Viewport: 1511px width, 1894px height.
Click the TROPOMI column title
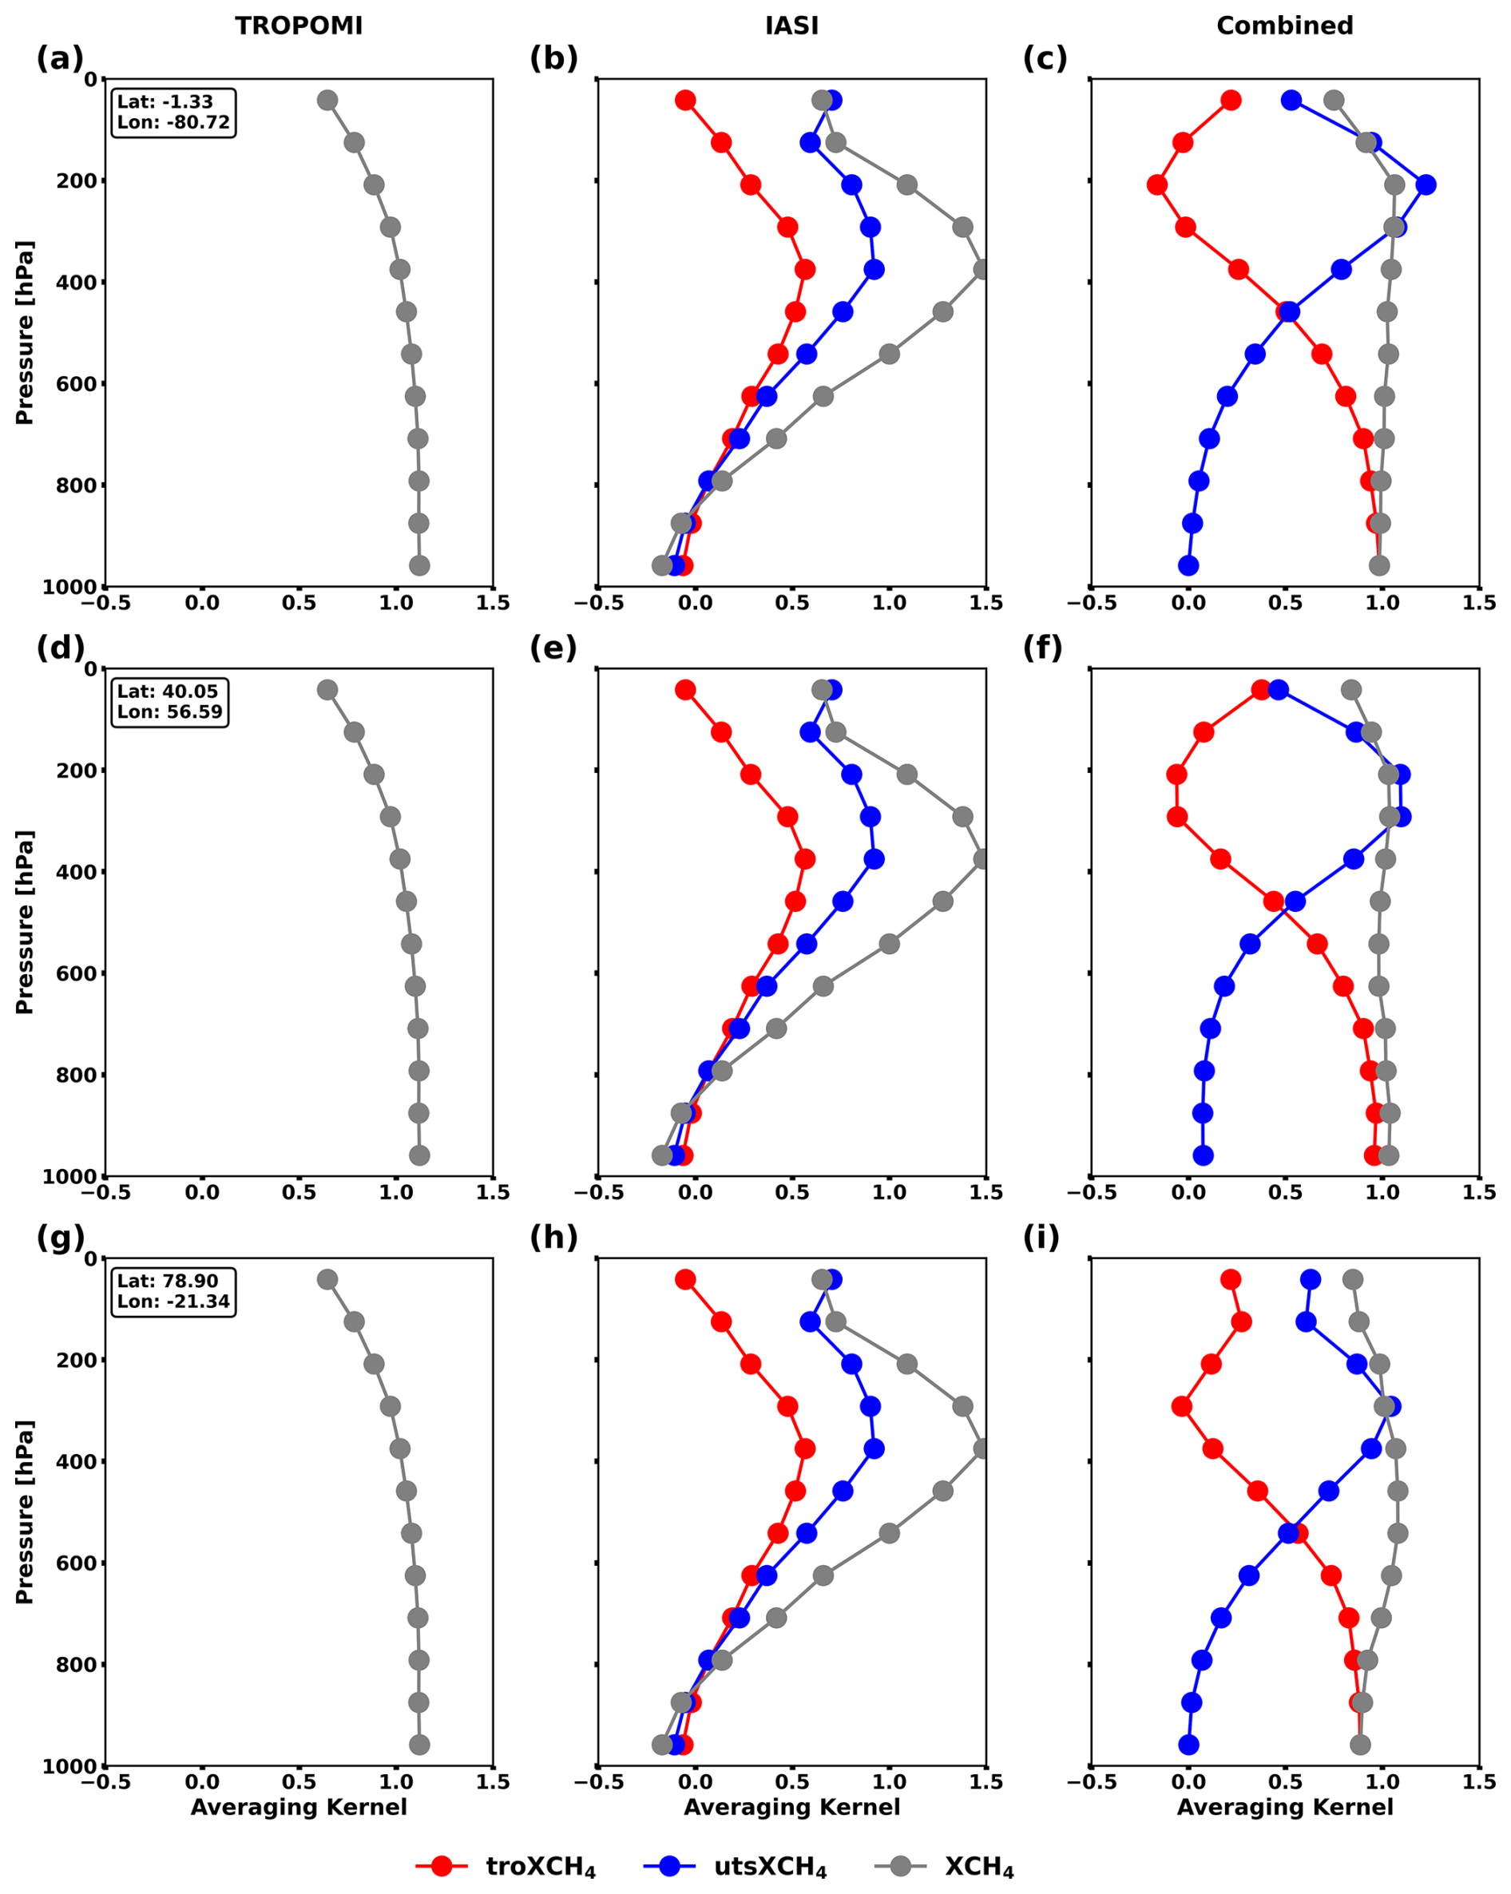(299, 26)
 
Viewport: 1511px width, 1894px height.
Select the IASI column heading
(791, 26)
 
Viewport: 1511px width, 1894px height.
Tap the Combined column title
(1284, 26)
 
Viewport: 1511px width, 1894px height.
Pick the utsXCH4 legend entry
(736, 1866)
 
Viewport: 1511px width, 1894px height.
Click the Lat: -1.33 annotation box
(174, 112)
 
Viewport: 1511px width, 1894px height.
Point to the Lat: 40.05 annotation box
(170, 702)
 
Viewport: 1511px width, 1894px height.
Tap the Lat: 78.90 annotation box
(174, 1291)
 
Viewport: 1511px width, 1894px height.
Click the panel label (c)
(1045, 59)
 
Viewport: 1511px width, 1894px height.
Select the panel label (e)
(553, 648)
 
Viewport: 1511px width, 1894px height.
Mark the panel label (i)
(1041, 1238)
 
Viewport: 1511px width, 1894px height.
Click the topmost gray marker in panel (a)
(327, 100)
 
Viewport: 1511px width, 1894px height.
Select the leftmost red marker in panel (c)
(1157, 184)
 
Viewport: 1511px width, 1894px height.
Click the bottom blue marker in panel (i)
(1188, 1745)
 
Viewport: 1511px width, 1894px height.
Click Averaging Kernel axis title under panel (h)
(791, 1807)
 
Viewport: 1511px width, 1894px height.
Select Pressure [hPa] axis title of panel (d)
(24, 921)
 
